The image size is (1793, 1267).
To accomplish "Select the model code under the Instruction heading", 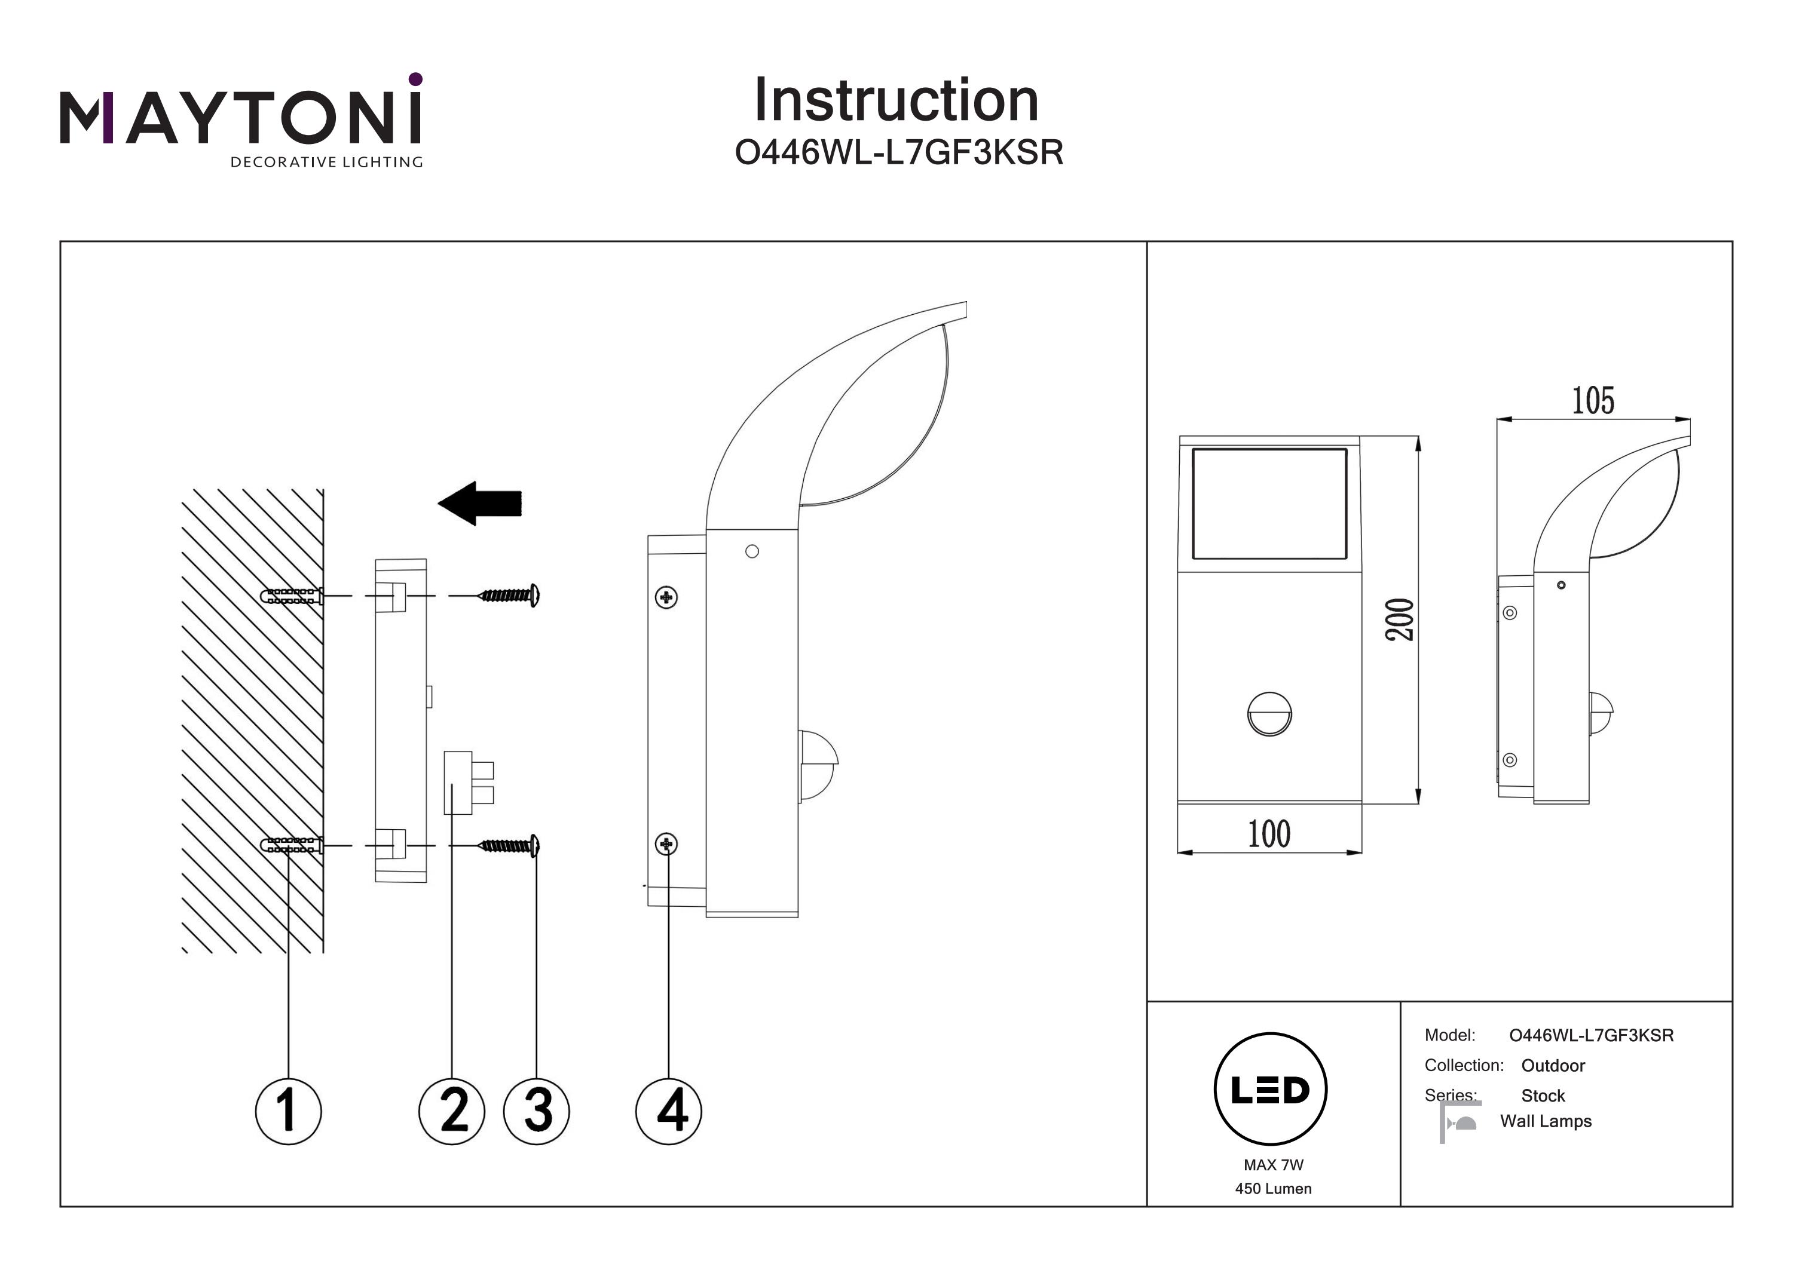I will (x=899, y=153).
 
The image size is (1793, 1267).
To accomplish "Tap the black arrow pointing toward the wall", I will (x=479, y=504).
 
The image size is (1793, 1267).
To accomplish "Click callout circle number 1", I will (x=288, y=1111).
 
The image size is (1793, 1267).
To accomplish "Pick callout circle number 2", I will (x=451, y=1111).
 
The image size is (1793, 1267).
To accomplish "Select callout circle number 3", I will (x=537, y=1111).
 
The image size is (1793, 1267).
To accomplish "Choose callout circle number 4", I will (x=668, y=1111).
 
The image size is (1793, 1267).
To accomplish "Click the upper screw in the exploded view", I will (x=510, y=596).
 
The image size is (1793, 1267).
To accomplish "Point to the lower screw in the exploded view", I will (x=510, y=845).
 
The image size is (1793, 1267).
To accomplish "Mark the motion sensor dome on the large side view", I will (x=818, y=765).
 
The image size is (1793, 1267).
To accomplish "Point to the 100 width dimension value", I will (x=1269, y=834).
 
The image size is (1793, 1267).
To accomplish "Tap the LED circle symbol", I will (x=1271, y=1089).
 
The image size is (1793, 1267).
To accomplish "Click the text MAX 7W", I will (x=1273, y=1165).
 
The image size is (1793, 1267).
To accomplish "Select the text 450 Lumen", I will (x=1273, y=1189).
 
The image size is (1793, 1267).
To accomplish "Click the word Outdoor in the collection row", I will (x=1553, y=1066).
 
